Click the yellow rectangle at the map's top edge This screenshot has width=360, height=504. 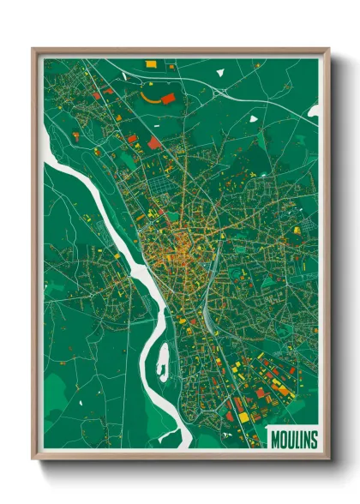click(151, 63)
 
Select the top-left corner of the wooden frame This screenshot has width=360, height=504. click(33, 49)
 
